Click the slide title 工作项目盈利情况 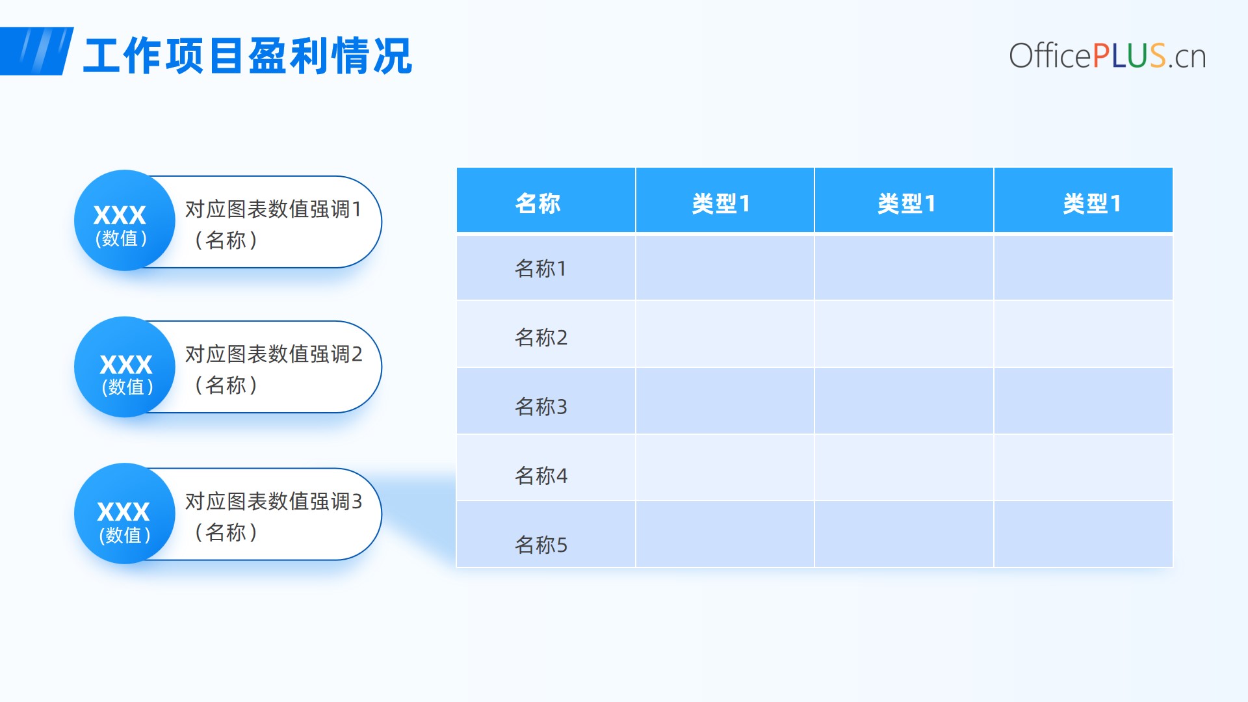pyautogui.click(x=248, y=56)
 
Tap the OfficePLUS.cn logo pyautogui.click(x=1107, y=56)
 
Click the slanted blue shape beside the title pyautogui.click(x=36, y=51)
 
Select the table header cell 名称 pyautogui.click(x=546, y=200)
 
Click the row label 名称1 pyautogui.click(x=541, y=268)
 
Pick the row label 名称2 pyautogui.click(x=541, y=337)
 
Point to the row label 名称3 pyautogui.click(x=541, y=407)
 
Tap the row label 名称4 pyautogui.click(x=541, y=476)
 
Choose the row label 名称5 pyautogui.click(x=541, y=545)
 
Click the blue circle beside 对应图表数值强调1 pyautogui.click(x=125, y=220)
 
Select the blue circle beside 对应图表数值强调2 pyautogui.click(x=125, y=367)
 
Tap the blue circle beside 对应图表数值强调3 pyautogui.click(x=125, y=513)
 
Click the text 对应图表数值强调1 pyautogui.click(x=274, y=209)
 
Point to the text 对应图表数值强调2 pyautogui.click(x=274, y=354)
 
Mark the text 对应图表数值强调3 pyautogui.click(x=274, y=502)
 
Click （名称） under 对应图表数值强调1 pyautogui.click(x=226, y=240)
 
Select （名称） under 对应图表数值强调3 pyautogui.click(x=226, y=533)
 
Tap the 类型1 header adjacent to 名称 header pyautogui.click(x=725, y=200)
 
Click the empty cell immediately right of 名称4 pyautogui.click(x=725, y=467)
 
